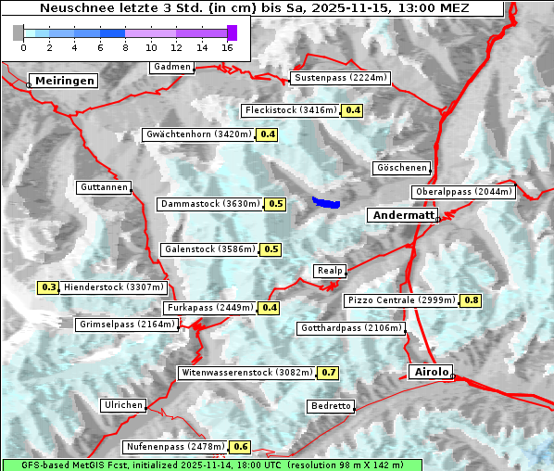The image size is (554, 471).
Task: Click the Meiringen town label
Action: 64,81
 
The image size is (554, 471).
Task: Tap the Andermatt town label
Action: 404,215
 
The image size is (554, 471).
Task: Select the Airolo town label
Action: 431,372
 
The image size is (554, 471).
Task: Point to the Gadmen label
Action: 172,67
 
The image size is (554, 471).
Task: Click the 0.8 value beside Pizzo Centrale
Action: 472,300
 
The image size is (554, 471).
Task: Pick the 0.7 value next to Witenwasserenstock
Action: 329,373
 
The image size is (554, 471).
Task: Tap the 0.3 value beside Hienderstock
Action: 49,287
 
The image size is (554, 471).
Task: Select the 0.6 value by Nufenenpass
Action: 241,447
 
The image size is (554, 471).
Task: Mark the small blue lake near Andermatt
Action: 326,201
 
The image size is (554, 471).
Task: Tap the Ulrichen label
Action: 123,405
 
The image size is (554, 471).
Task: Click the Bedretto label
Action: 331,406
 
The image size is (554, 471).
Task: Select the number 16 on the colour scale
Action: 227,47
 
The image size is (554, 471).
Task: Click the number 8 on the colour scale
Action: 125,47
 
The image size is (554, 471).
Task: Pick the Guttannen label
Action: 104,187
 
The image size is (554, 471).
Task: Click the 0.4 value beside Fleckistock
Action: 352,110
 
